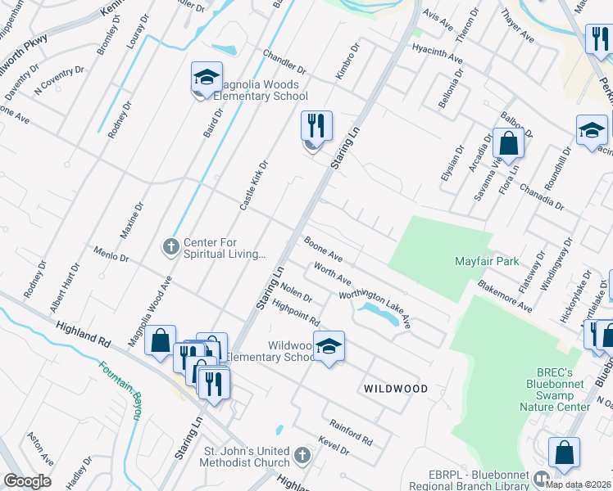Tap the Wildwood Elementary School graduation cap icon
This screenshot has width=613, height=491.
(x=329, y=346)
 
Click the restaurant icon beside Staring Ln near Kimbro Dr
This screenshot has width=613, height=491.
(x=316, y=126)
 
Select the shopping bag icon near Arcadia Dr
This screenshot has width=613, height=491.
(x=509, y=142)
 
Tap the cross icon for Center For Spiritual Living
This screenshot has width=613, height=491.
(x=171, y=245)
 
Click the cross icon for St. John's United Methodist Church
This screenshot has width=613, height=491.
(x=302, y=455)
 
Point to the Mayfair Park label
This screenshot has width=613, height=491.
(x=487, y=262)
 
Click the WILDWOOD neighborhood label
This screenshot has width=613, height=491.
(x=397, y=389)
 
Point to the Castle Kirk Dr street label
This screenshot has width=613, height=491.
(x=254, y=185)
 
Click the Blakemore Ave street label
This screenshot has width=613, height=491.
(x=505, y=296)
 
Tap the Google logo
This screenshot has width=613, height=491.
(x=27, y=481)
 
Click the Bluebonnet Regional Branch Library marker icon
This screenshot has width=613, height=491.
(x=540, y=478)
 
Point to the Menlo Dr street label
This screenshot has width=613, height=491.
(x=111, y=255)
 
